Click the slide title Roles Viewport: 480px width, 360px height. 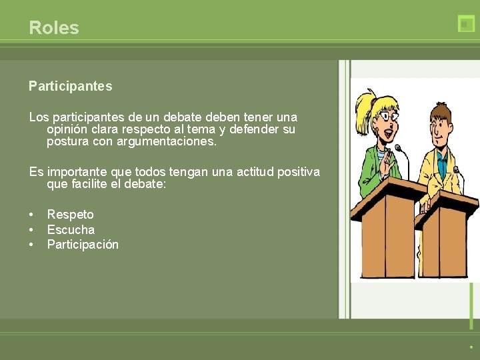[x=54, y=28]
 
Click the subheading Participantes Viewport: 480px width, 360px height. [x=70, y=86]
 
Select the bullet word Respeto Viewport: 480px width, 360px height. [x=70, y=215]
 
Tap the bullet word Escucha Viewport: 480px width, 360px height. [x=71, y=230]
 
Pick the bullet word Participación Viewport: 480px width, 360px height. [x=83, y=245]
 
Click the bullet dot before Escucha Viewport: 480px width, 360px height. [x=31, y=230]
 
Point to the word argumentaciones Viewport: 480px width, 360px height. [x=167, y=142]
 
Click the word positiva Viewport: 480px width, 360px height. [x=295, y=172]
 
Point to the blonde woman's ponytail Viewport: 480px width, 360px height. [x=365, y=107]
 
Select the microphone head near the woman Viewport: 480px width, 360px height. [x=398, y=148]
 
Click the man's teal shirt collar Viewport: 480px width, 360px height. [x=442, y=149]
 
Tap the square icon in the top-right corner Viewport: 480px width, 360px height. [x=466, y=24]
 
